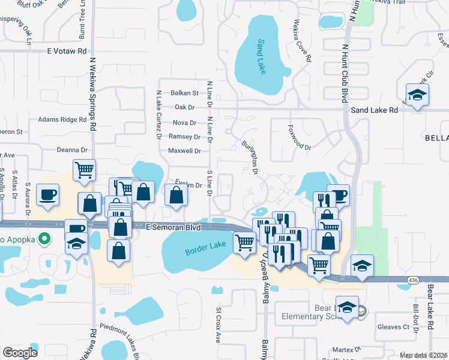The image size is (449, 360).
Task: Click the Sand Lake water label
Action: pos(262,57)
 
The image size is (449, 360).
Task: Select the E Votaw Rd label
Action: pos(67,52)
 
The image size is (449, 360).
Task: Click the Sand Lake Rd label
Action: pos(374,110)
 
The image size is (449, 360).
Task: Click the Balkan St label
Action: pos(184,93)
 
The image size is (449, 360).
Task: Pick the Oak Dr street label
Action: pos(185,107)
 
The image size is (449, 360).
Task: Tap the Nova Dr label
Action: pos(184,122)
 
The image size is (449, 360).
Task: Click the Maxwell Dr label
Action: pos(184,151)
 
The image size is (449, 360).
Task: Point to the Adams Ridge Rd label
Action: pos(62,119)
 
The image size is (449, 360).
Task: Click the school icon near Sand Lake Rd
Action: pos(417,95)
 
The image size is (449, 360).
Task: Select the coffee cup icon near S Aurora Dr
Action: pos(47,194)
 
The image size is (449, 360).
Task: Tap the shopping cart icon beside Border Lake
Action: pos(244,243)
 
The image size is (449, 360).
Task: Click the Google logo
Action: pos(20,353)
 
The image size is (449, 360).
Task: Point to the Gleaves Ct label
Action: pos(393,327)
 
